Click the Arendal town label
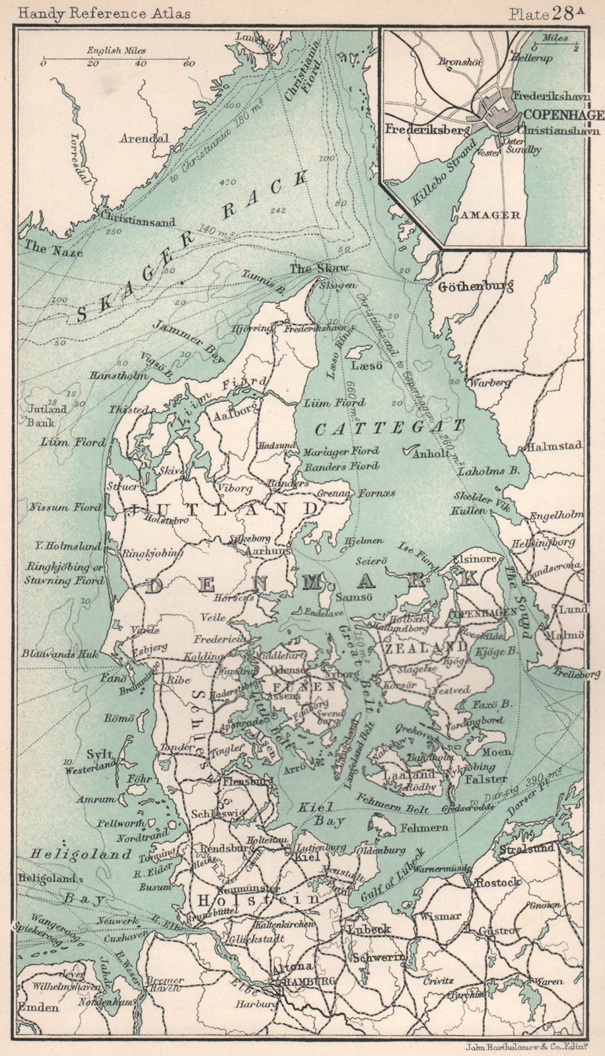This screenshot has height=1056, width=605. pyautogui.click(x=144, y=139)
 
